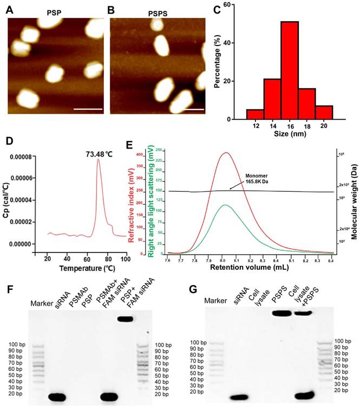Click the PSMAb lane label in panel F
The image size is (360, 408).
click(x=76, y=297)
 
